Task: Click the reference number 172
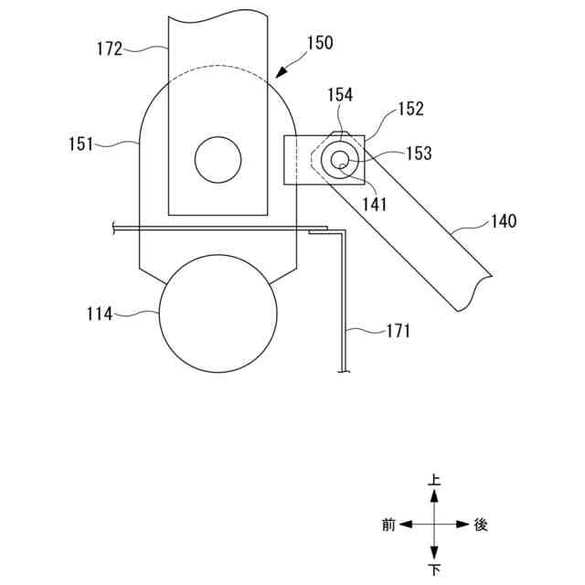pyautogui.click(x=110, y=48)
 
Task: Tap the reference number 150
pyautogui.click(x=320, y=43)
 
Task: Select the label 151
pyautogui.click(x=81, y=144)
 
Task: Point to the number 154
pyautogui.click(x=340, y=95)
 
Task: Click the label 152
pyautogui.click(x=411, y=109)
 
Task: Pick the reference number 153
pyautogui.click(x=419, y=154)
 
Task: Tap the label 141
pyautogui.click(x=375, y=205)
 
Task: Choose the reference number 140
pyautogui.click(x=504, y=221)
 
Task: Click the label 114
pyautogui.click(x=100, y=314)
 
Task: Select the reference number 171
pyautogui.click(x=399, y=331)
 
